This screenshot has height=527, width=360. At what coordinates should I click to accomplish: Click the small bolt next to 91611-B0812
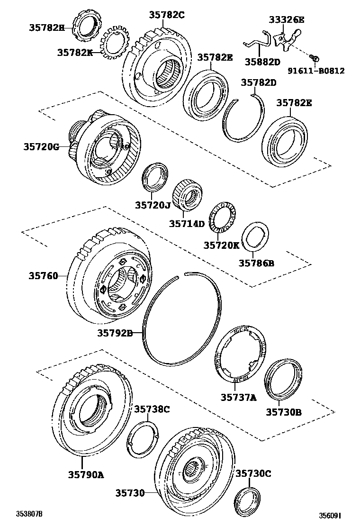[314, 58]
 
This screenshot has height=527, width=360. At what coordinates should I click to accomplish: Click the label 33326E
[287, 19]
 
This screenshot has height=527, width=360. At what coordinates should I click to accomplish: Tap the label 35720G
[41, 147]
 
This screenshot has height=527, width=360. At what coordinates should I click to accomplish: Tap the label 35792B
[115, 333]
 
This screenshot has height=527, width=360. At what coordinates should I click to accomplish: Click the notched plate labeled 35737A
[239, 354]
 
